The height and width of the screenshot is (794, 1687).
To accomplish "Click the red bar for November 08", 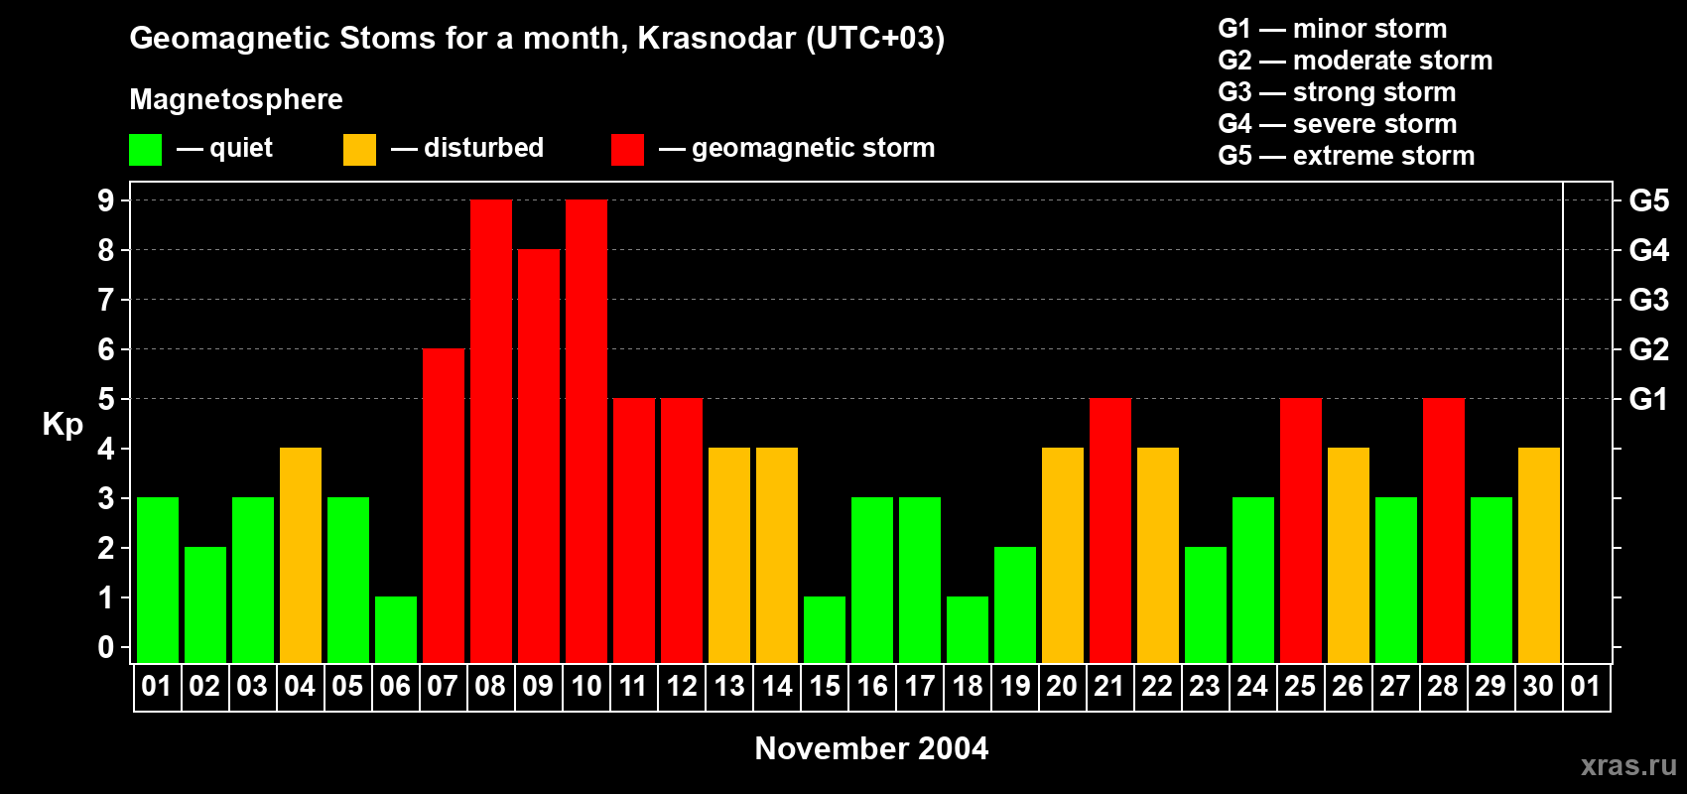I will point(491,431).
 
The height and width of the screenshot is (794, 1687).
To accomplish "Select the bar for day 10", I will point(586,431).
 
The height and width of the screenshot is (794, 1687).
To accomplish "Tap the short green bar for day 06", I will point(396,629).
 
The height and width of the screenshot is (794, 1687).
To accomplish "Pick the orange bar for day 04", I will point(301,555).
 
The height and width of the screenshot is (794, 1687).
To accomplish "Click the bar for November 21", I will point(1110,530).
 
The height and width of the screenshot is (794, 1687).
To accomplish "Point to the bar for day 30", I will point(1539,555).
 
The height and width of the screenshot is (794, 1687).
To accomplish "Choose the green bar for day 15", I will point(825,629).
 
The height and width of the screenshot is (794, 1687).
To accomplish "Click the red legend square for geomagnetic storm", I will point(627,150).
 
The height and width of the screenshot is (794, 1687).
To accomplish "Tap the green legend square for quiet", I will point(145,150).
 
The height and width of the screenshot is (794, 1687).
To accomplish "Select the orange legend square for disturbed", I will point(359,150).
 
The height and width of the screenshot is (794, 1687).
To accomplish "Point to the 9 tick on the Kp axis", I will point(106,200).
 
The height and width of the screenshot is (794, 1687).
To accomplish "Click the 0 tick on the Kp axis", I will point(106,648).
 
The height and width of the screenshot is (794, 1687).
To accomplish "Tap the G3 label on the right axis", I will point(1648,300).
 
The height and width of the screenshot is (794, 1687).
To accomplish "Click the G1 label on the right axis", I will point(1648,399).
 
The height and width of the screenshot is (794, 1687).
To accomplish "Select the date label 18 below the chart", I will point(968,686).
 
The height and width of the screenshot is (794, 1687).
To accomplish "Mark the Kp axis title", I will point(63,425).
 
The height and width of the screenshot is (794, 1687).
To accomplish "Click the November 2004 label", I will point(871,748).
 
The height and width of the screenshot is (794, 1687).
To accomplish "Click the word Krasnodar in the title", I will point(715,38).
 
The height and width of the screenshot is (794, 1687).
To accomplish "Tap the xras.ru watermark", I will point(1628,765).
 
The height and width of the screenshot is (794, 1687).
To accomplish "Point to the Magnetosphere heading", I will point(236,99).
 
